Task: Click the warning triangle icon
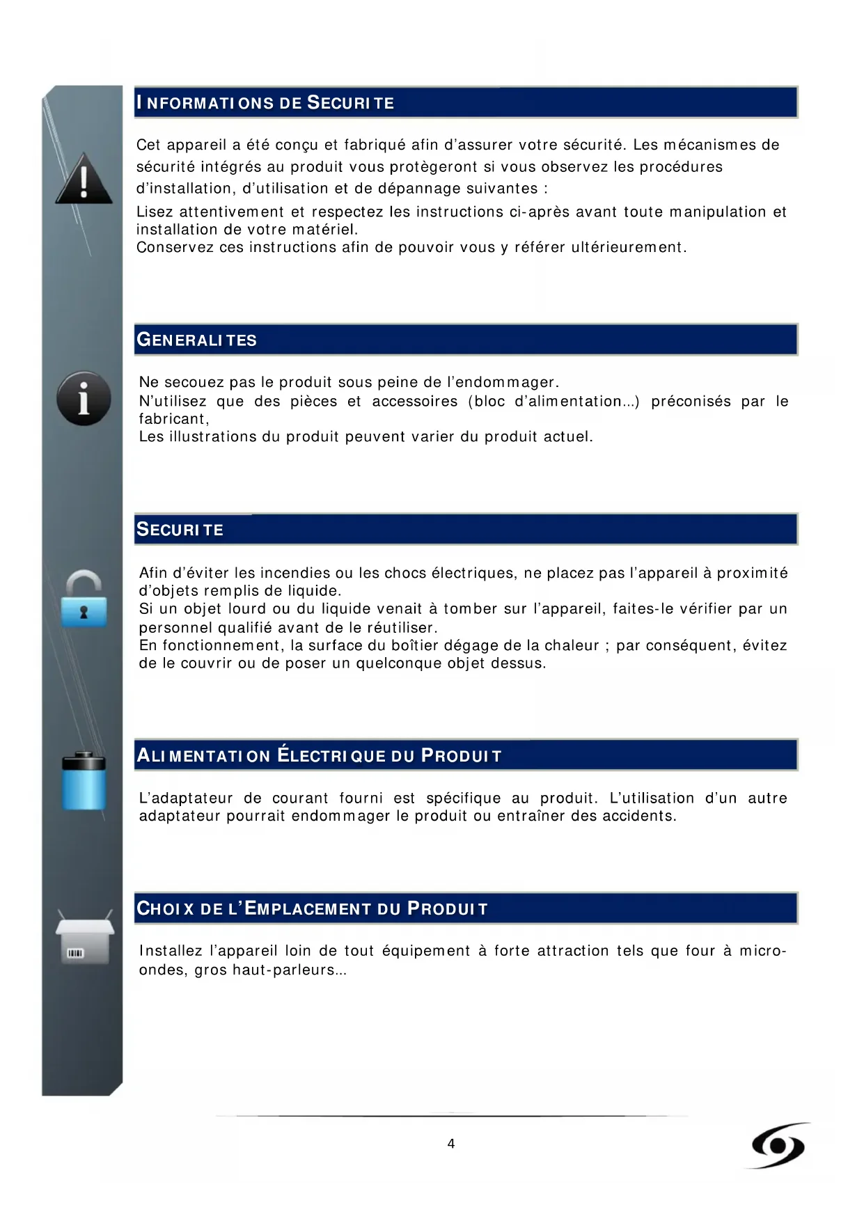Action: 84,180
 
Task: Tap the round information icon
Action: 84,398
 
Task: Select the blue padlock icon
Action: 84,600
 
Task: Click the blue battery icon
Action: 84,780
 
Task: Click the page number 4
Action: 451,1144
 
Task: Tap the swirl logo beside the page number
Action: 778,1145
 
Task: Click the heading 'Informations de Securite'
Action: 265,103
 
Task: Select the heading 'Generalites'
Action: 196,340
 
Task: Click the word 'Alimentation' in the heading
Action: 203,756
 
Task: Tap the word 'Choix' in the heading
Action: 165,908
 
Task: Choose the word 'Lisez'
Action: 155,212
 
